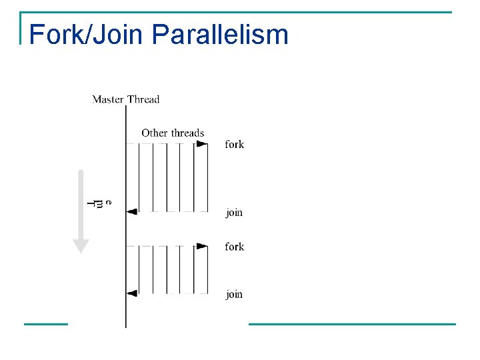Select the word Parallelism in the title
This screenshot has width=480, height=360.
coord(220,34)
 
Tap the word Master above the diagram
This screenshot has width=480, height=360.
coord(108,99)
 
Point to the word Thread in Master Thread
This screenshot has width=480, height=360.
coord(143,99)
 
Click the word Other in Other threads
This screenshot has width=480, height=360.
coord(154,133)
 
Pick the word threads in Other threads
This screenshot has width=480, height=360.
coord(187,133)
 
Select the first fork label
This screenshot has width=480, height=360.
coord(234,144)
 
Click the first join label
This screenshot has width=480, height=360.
coord(234,213)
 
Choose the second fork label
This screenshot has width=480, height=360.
coord(234,247)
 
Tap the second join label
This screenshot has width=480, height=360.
coord(234,294)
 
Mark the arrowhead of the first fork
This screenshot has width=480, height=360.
coord(202,143)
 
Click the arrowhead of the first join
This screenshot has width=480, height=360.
coord(132,211)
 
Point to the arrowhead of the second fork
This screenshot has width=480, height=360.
coord(202,246)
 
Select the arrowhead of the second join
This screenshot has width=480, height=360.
coord(132,293)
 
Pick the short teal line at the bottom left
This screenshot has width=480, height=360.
coord(45,324)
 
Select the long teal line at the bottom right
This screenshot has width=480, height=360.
coord(352,324)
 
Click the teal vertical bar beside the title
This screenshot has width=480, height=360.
coord(22,28)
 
